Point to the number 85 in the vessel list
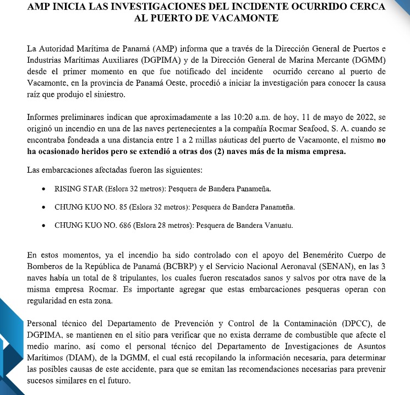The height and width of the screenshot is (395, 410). [x=118, y=207]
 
